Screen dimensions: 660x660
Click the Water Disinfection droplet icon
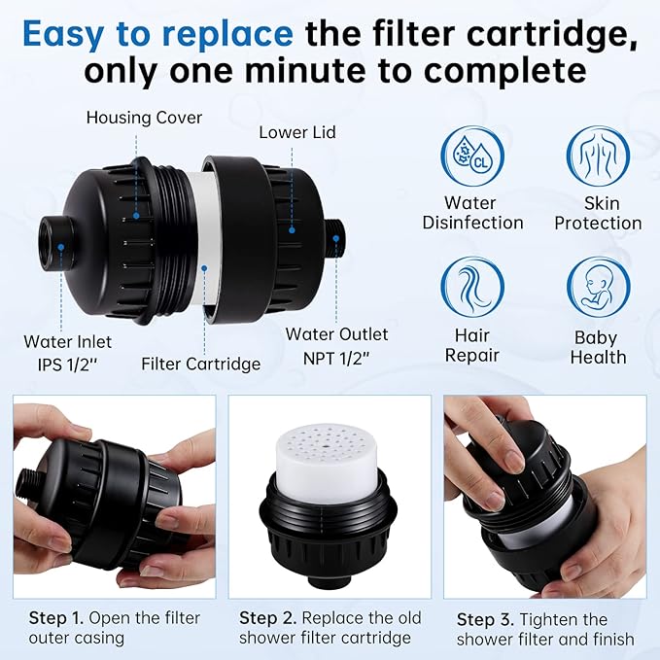coord(472,156)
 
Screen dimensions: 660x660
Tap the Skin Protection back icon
coord(598,156)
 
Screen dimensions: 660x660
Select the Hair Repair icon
coord(472,287)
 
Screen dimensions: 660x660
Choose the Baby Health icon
coord(598,287)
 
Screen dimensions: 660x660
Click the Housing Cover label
coord(144,118)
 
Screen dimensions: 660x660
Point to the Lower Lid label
coord(297,132)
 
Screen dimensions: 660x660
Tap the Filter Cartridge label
coord(201,364)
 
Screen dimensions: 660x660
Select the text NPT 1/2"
coord(336,358)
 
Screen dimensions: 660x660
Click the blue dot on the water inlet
coord(61,247)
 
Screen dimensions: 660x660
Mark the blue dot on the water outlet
coord(336,239)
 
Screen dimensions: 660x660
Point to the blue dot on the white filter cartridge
coord(204,267)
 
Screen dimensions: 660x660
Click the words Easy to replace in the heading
coord(157,34)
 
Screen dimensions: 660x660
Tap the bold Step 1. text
coord(56,618)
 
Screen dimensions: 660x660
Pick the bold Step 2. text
coord(267,618)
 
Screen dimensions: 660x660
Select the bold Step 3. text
coord(485,619)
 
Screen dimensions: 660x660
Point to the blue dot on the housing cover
coord(136,216)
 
